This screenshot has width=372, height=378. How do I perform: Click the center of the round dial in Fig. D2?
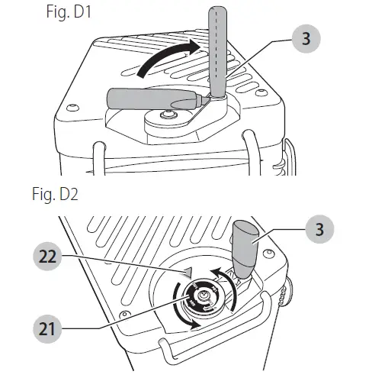pos(204,299)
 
